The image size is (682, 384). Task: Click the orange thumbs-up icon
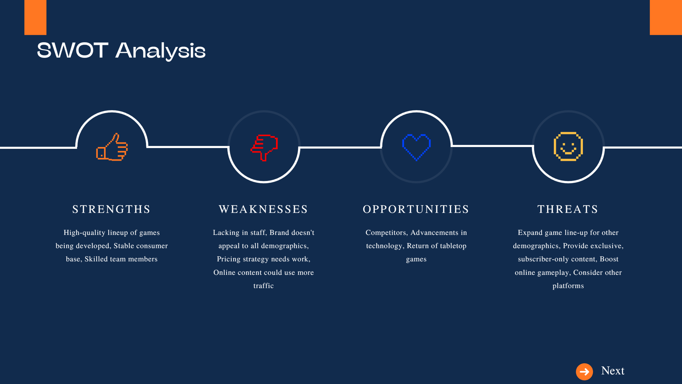tap(112, 147)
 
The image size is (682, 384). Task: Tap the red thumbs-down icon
tap(264, 147)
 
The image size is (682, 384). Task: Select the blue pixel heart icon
tap(416, 147)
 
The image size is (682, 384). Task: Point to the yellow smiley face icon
tap(568, 146)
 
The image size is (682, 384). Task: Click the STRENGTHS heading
tap(112, 209)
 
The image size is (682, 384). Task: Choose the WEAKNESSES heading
tap(263, 209)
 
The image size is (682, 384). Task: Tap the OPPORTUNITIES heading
tap(416, 209)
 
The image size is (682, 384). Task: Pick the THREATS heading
tap(568, 209)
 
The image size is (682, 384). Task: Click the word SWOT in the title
tap(72, 50)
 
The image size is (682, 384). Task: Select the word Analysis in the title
tap(160, 51)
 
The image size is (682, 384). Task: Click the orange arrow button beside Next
tap(584, 371)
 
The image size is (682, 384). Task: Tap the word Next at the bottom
tap(613, 371)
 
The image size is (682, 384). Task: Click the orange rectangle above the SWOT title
tap(35, 17)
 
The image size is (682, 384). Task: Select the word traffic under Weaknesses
tap(263, 286)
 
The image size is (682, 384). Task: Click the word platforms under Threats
tap(568, 286)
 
